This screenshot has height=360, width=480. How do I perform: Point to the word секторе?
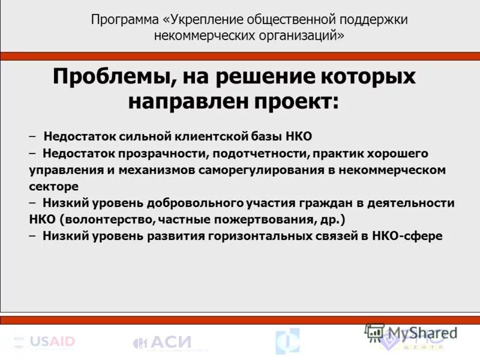(x=53, y=186)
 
